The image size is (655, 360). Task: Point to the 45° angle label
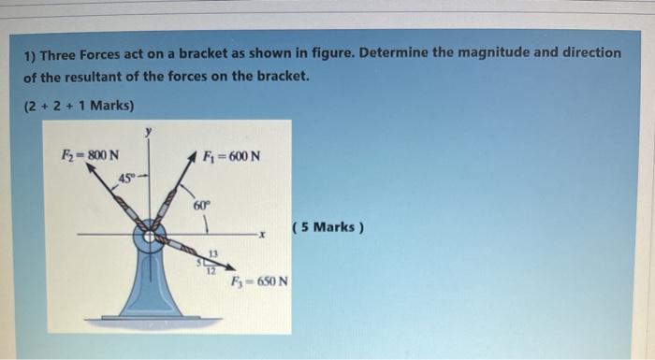coord(126,178)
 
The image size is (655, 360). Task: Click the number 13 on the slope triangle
coord(213,253)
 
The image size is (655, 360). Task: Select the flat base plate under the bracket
coord(150,318)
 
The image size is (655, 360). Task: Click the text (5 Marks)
coord(327,226)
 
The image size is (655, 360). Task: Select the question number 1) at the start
coord(30,54)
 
